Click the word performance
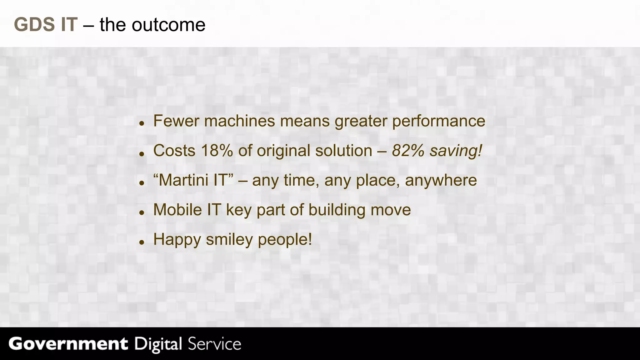pos(438,121)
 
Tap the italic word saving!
pos(456,151)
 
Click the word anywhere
pos(441,181)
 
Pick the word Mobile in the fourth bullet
pos(177,210)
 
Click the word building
pos(337,210)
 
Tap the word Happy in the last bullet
pos(177,240)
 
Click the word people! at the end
pos(285,240)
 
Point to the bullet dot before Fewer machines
pos(142,123)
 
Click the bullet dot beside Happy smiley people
pos(142,242)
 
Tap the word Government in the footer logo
pos(68,344)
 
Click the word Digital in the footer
pos(158,344)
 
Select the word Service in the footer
pos(214,344)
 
